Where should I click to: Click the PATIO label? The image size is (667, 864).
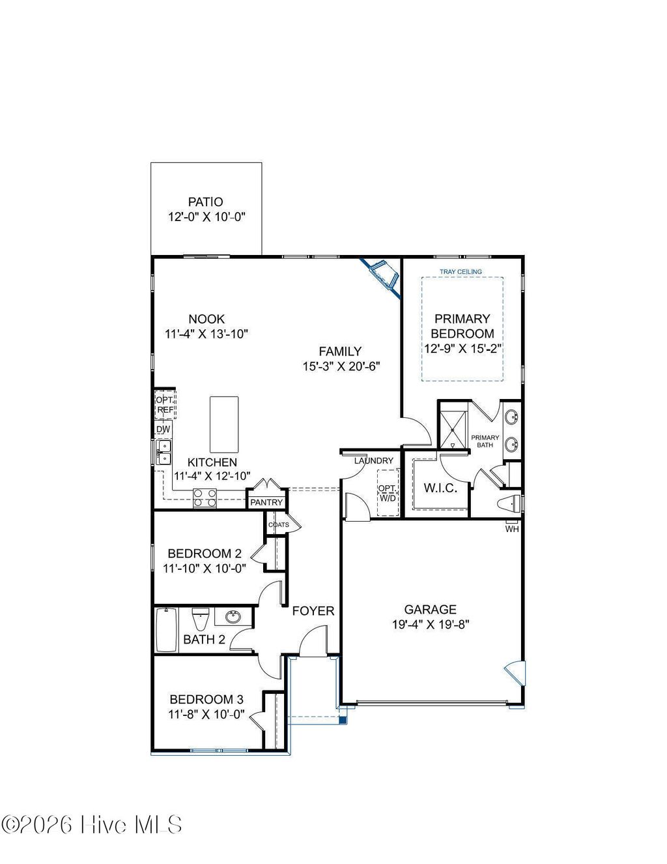pyautogui.click(x=205, y=202)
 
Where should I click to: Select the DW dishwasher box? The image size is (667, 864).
pyautogui.click(x=163, y=430)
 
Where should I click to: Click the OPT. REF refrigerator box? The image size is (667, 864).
pyautogui.click(x=165, y=405)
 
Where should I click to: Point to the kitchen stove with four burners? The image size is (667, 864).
pyautogui.click(x=205, y=498)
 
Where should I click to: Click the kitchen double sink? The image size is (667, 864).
pyautogui.click(x=163, y=453)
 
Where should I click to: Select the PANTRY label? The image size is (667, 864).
pyautogui.click(x=266, y=502)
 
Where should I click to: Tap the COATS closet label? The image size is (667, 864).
pyautogui.click(x=278, y=524)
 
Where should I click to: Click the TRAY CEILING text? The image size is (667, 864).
pyautogui.click(x=461, y=271)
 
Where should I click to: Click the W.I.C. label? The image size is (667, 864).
pyautogui.click(x=440, y=488)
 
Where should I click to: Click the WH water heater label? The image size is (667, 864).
pyautogui.click(x=512, y=529)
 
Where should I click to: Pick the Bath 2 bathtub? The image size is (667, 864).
pyautogui.click(x=166, y=630)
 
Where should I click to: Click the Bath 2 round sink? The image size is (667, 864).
pyautogui.click(x=233, y=616)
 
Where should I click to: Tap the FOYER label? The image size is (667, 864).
pyautogui.click(x=313, y=611)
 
